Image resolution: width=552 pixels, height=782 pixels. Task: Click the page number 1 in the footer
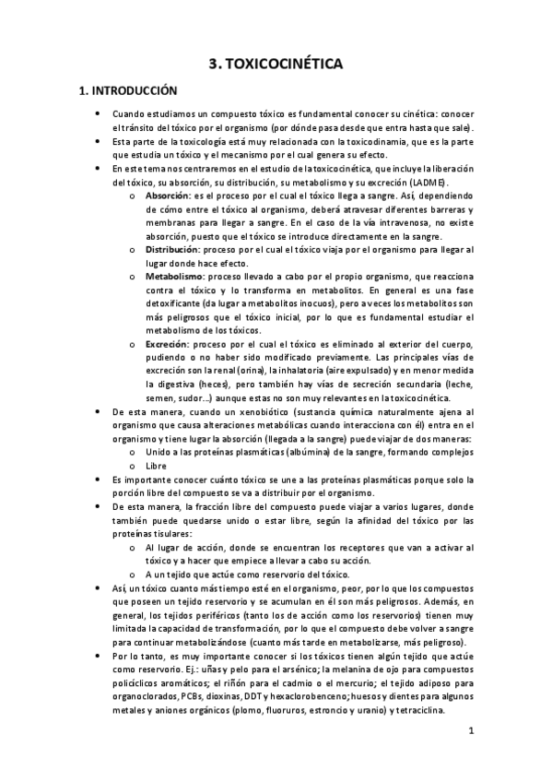coord(470,733)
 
